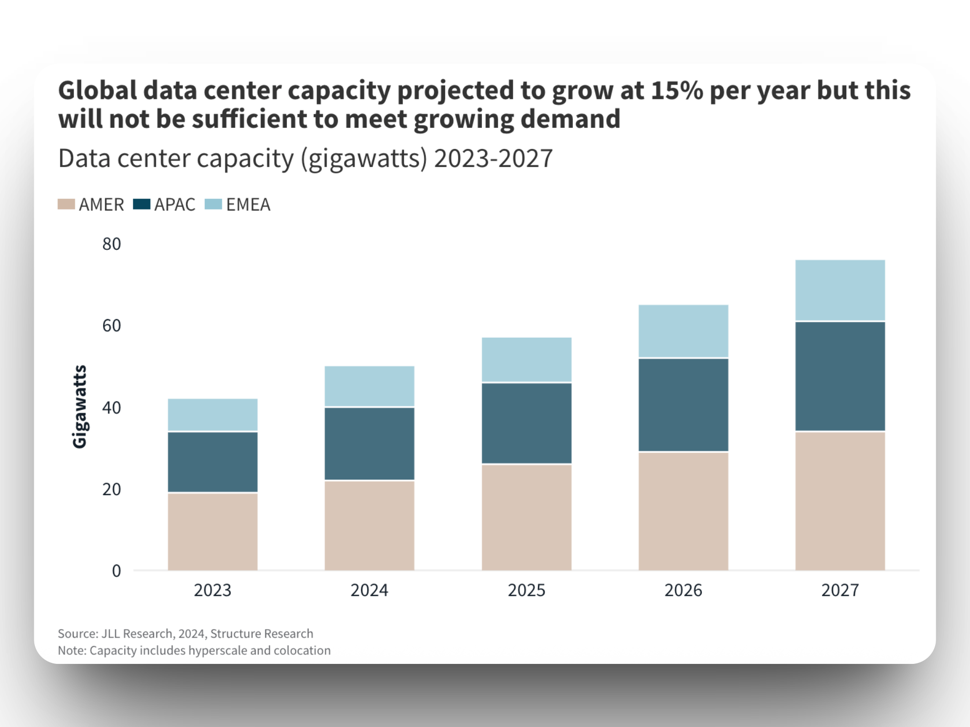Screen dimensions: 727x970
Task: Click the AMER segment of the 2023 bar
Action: click(213, 532)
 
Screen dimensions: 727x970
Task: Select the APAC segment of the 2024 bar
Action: click(369, 443)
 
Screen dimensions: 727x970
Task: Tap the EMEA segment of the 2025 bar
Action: click(526, 359)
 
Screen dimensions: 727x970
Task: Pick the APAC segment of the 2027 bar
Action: click(840, 376)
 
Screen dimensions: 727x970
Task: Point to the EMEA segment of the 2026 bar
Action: click(683, 331)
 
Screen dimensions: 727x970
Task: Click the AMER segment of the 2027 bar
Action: click(840, 501)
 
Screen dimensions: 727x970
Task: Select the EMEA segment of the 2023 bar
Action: click(213, 414)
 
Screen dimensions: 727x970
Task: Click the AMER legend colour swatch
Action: click(66, 204)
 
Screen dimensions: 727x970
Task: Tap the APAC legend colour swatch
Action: click(141, 204)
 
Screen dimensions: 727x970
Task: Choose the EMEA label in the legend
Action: click(248, 204)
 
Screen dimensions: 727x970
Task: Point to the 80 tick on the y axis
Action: click(112, 244)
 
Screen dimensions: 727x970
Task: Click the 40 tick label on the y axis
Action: click(112, 407)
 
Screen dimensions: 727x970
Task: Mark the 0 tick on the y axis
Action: click(116, 571)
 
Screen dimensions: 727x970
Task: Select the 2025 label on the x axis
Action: click(526, 590)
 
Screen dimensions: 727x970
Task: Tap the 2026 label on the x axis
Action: click(683, 590)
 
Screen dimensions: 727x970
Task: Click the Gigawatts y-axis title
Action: click(80, 406)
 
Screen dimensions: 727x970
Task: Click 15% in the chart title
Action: click(676, 91)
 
